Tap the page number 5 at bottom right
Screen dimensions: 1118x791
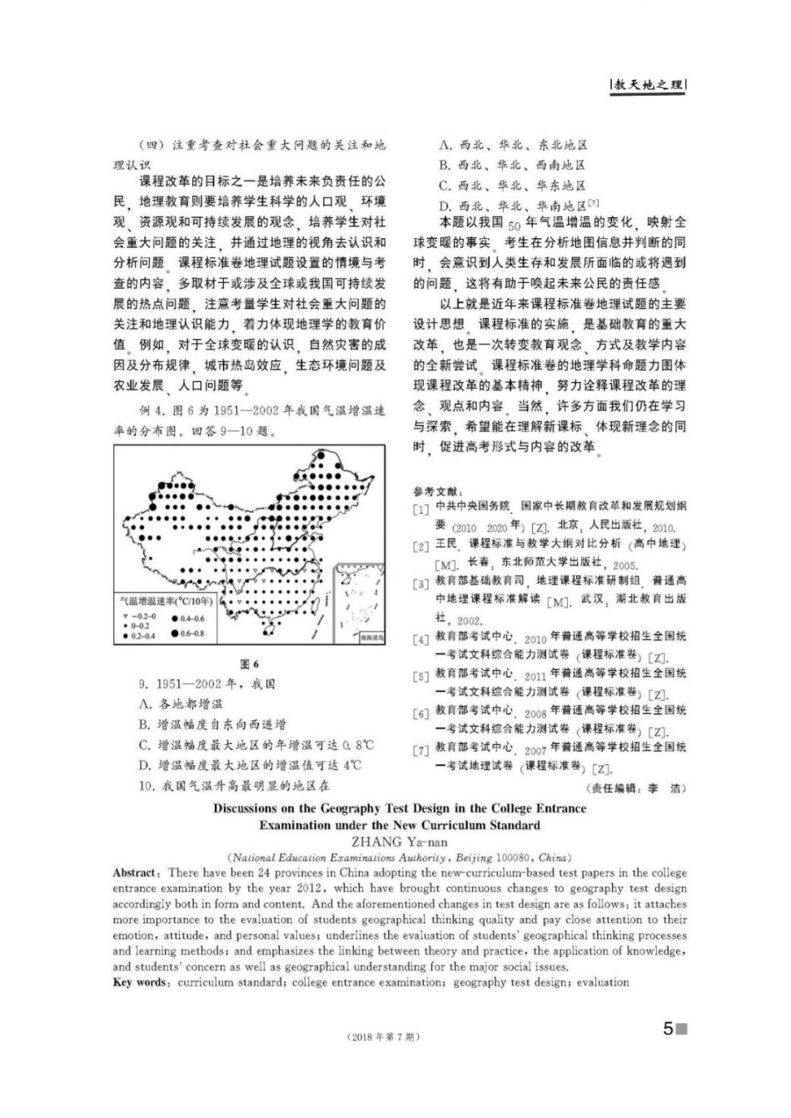(x=668, y=1029)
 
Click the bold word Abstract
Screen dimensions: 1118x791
(x=134, y=872)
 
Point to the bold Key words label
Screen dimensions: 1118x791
(x=139, y=982)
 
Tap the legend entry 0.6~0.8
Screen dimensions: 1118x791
(x=190, y=634)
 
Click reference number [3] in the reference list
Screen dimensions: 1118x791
(x=420, y=584)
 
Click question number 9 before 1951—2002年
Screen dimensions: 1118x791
(x=143, y=684)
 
